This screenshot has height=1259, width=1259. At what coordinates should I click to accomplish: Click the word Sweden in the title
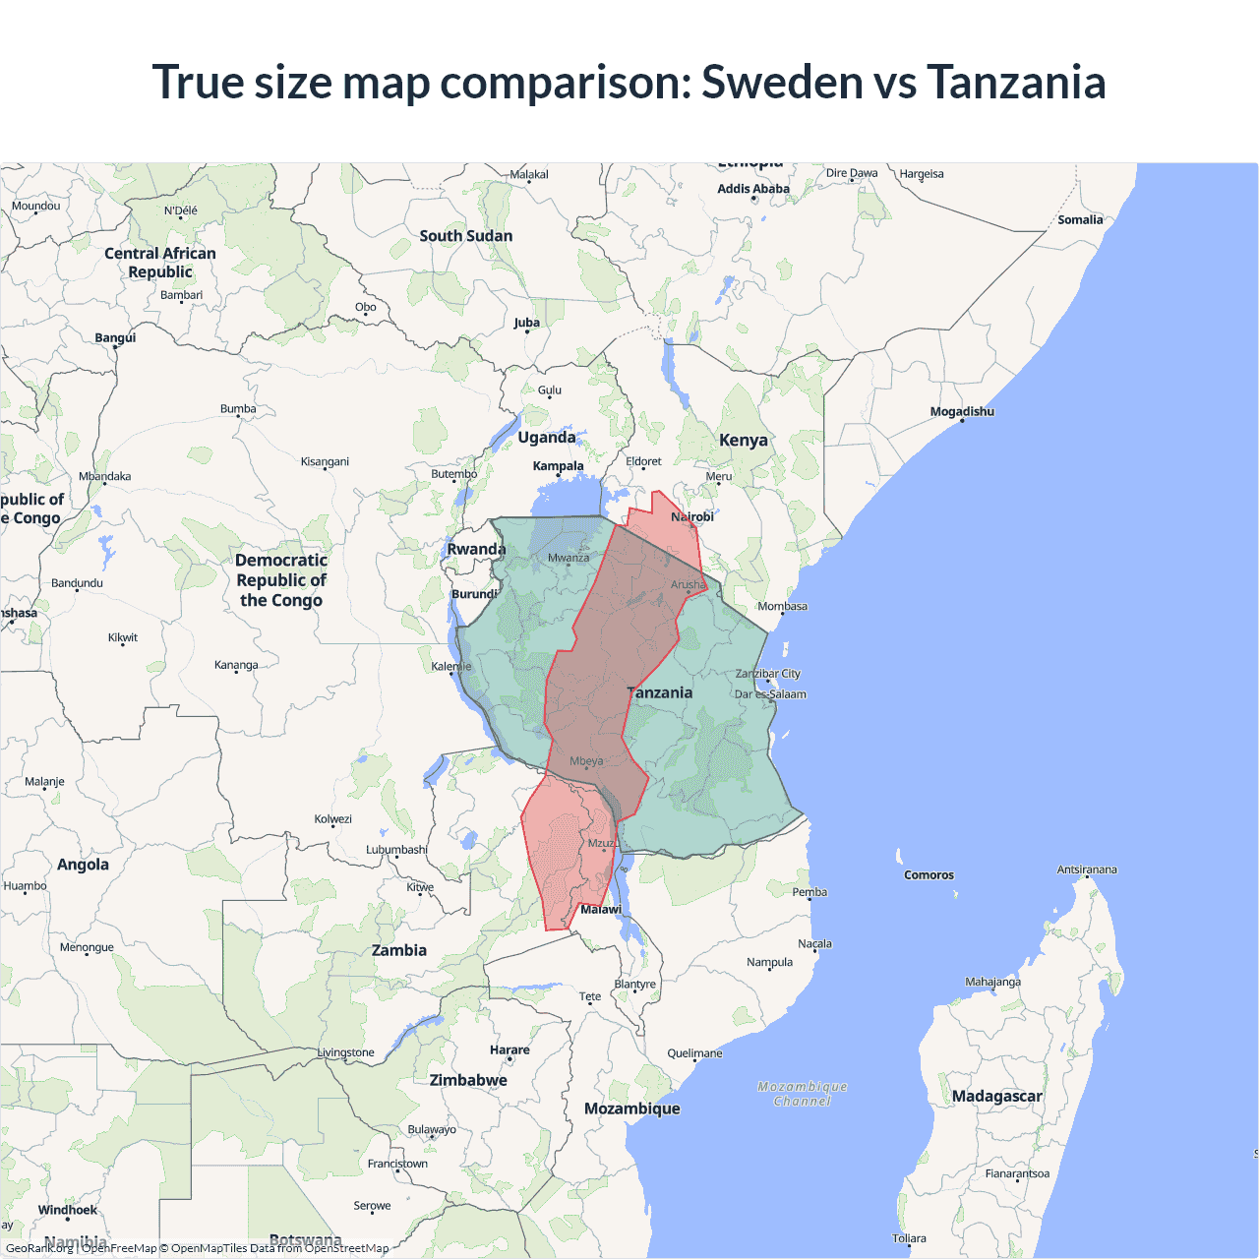pos(782,82)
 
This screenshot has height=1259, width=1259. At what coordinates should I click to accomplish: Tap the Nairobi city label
pos(692,517)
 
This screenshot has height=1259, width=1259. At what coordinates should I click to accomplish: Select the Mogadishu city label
pos(962,411)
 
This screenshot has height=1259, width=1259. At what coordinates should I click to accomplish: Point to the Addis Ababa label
pos(753,189)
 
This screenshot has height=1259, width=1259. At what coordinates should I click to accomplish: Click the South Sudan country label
pos(465,236)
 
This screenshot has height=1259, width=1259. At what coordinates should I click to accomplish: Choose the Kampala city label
pos(558,466)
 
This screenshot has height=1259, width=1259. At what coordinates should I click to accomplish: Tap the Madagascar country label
pos(996,1096)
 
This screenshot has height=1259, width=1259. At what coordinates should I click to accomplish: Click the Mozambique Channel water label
pos(803,1094)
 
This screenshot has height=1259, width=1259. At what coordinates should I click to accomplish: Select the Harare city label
pos(510,1050)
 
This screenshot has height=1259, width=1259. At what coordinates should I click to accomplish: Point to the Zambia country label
pos(399,950)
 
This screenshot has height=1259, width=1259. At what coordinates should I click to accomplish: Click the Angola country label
pos(83,865)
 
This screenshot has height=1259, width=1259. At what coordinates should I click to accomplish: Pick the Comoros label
pos(929,875)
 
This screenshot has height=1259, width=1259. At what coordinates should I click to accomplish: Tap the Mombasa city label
pos(782,606)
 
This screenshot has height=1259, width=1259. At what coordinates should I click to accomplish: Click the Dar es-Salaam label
pos(770,694)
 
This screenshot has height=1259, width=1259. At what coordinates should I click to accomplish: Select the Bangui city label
pos(115,338)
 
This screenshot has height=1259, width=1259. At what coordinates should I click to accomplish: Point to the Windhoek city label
pos(68,1210)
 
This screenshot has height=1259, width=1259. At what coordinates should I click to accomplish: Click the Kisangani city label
pos(325,461)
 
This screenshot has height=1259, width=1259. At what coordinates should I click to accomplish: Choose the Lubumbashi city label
pos(396,850)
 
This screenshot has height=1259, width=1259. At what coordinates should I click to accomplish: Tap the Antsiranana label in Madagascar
pos(1087,869)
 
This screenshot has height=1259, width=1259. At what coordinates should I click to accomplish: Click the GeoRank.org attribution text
pos(39,1248)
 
